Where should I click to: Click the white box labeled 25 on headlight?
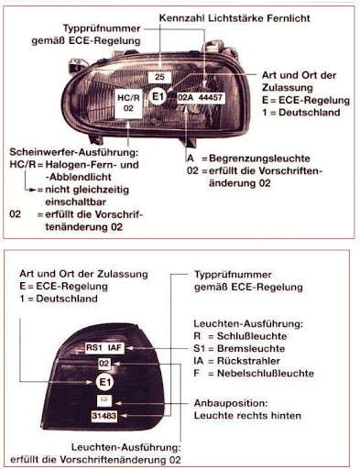click(159, 77)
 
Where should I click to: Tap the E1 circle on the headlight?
click(158, 97)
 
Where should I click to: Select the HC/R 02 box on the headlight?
click(128, 104)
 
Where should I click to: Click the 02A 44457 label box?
click(201, 98)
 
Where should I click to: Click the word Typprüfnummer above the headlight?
click(102, 28)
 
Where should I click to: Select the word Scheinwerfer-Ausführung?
click(74, 152)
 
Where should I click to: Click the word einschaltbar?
click(76, 202)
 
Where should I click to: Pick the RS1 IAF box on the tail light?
click(104, 348)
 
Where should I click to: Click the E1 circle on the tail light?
click(104, 382)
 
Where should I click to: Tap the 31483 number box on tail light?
click(104, 416)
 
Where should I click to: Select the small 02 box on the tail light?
click(104, 364)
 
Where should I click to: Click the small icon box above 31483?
click(104, 400)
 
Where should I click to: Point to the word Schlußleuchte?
click(252, 336)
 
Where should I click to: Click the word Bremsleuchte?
click(251, 349)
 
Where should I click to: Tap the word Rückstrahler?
click(248, 361)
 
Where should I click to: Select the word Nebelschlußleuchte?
click(266, 374)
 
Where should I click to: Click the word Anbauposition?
click(231, 403)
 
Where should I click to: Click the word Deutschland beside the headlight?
click(310, 113)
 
